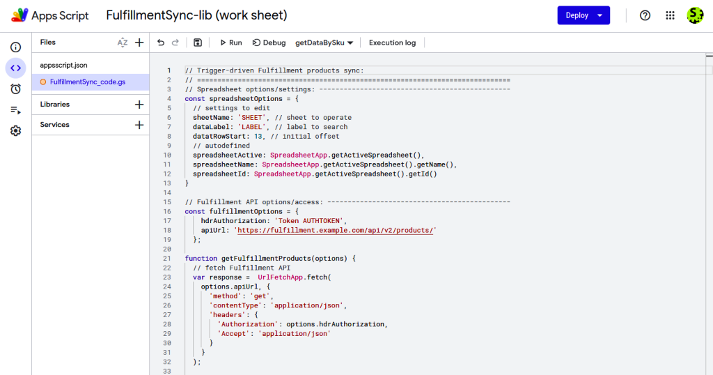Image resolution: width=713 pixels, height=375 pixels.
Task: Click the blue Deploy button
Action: pos(583,15)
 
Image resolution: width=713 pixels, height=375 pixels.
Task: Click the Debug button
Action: pos(269,43)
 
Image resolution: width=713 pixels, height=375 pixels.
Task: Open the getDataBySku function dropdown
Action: pos(324,43)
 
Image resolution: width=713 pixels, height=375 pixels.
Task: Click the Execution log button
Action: pos(392,43)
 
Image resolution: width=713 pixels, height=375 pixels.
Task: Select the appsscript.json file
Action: pos(63,65)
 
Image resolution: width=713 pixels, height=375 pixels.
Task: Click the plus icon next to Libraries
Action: pos(139,105)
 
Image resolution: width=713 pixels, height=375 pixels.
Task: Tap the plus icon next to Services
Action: pos(139,125)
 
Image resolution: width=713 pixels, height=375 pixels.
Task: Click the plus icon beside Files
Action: pos(139,43)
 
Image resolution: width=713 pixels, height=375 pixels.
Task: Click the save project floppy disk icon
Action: pos(198,43)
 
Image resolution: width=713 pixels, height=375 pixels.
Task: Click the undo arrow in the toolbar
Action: pos(161,43)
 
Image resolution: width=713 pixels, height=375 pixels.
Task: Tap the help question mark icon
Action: pos(645,15)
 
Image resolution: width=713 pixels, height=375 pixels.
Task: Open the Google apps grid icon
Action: pos(671,15)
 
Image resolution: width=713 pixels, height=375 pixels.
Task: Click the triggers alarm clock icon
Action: pos(16,89)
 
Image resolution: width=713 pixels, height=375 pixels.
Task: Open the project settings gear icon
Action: pos(16,131)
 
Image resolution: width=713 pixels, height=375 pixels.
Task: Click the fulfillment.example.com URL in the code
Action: pos(335,230)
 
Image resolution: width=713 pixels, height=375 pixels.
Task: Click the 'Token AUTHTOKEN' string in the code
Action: pos(309,221)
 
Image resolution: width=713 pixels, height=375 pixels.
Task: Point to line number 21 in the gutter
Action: pos(167,259)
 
